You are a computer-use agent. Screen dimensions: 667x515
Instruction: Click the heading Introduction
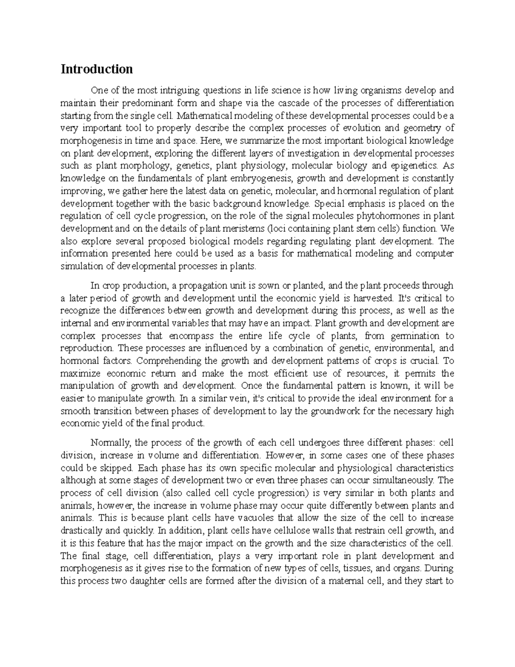97,69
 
